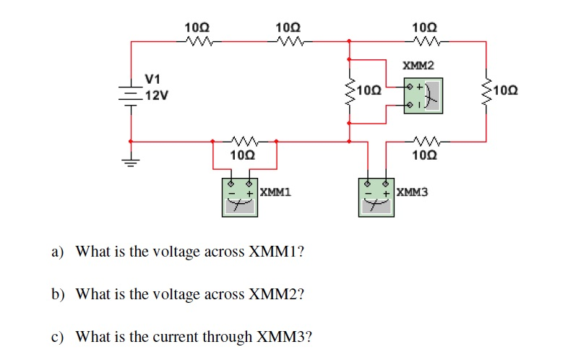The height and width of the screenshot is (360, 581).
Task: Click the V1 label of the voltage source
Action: point(153,78)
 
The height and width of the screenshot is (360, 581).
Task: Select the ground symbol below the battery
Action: point(130,162)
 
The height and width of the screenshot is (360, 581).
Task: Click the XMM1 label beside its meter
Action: point(275,193)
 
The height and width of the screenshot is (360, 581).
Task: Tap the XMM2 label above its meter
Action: point(418,66)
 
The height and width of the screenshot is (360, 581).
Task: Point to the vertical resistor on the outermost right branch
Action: point(486,91)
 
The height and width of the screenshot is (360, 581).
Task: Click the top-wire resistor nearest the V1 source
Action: point(196,41)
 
